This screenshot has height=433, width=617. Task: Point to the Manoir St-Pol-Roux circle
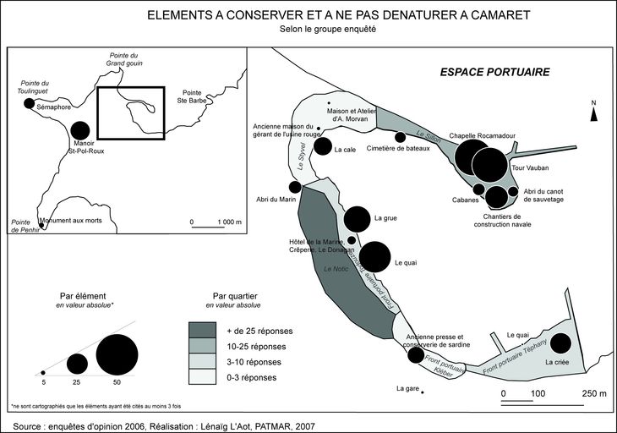(x=80, y=130)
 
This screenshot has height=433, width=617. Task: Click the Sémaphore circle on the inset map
(x=30, y=103)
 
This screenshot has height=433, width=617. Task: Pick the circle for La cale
(x=322, y=146)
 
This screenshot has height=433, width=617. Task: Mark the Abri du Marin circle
(x=295, y=187)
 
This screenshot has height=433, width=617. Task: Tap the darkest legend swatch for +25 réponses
(x=206, y=329)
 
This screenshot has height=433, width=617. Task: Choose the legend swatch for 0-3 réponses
(x=206, y=378)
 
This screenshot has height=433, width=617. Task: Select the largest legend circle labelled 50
(x=117, y=354)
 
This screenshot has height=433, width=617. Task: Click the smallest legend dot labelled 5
(x=43, y=372)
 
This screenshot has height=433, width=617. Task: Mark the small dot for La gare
(x=423, y=391)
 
